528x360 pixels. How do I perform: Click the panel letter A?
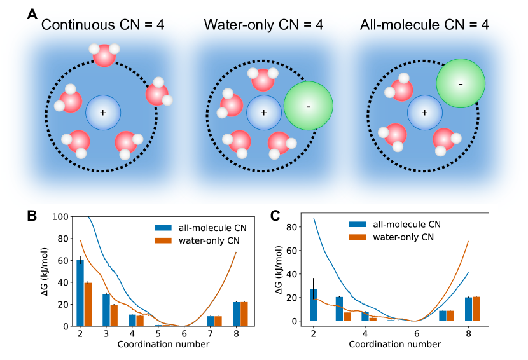point(32,13)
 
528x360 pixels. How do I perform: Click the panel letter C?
point(275,216)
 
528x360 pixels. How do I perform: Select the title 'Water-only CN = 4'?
point(263,26)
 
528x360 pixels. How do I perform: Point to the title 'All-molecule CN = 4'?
point(423,26)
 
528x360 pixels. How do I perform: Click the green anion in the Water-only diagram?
point(309,106)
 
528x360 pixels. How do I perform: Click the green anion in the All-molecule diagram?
point(461,83)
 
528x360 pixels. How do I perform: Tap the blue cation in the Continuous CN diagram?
point(102,113)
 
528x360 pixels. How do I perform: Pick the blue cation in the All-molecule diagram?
point(424,113)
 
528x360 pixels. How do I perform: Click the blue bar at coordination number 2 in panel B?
point(80,293)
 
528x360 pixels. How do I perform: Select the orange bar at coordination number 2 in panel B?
point(88,304)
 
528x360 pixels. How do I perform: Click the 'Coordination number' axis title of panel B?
point(164,344)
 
